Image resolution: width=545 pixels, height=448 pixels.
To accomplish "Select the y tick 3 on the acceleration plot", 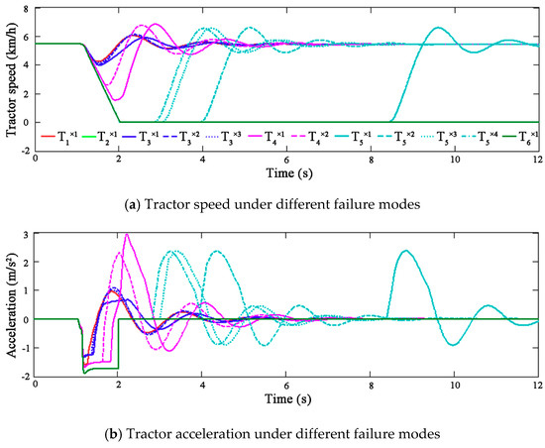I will (x=27, y=235).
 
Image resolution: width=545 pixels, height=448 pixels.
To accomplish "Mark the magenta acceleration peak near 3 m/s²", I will (x=126, y=235).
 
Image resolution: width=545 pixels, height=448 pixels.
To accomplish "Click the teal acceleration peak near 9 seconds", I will (x=404, y=251).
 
